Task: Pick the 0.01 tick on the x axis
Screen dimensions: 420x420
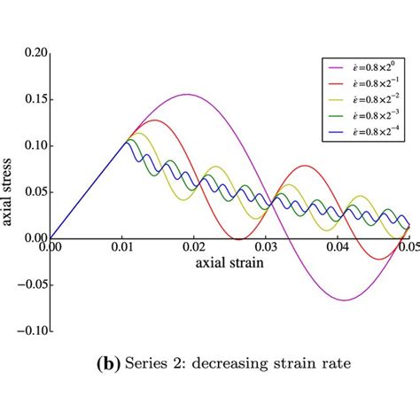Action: (121, 250)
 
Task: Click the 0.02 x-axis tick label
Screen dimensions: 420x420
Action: (193, 250)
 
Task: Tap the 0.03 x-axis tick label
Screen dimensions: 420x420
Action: (265, 250)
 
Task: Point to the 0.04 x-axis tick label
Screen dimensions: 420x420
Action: (337, 250)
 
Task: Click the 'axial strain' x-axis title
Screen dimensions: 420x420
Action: (229, 263)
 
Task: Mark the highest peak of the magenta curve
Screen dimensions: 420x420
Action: (187, 94)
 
